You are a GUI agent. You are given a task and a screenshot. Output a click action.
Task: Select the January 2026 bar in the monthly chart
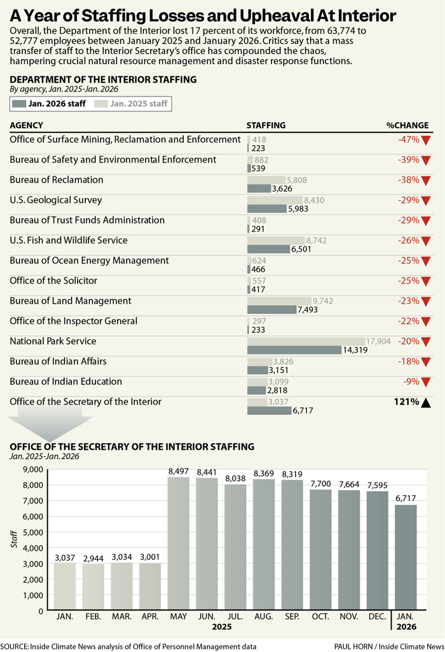[406, 557]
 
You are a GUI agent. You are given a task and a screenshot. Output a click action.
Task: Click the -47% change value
[407, 139]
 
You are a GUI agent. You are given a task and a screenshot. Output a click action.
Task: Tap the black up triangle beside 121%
[426, 402]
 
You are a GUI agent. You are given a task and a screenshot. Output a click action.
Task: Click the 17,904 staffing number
[378, 341]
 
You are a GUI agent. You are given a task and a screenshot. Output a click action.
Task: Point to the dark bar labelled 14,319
[294, 350]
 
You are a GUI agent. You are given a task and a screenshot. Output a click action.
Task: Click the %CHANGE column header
[407, 125]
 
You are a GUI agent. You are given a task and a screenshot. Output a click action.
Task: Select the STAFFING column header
[266, 125]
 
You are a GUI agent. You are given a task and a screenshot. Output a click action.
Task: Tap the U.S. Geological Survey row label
[56, 200]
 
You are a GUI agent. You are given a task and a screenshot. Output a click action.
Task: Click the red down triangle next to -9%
[426, 383]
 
